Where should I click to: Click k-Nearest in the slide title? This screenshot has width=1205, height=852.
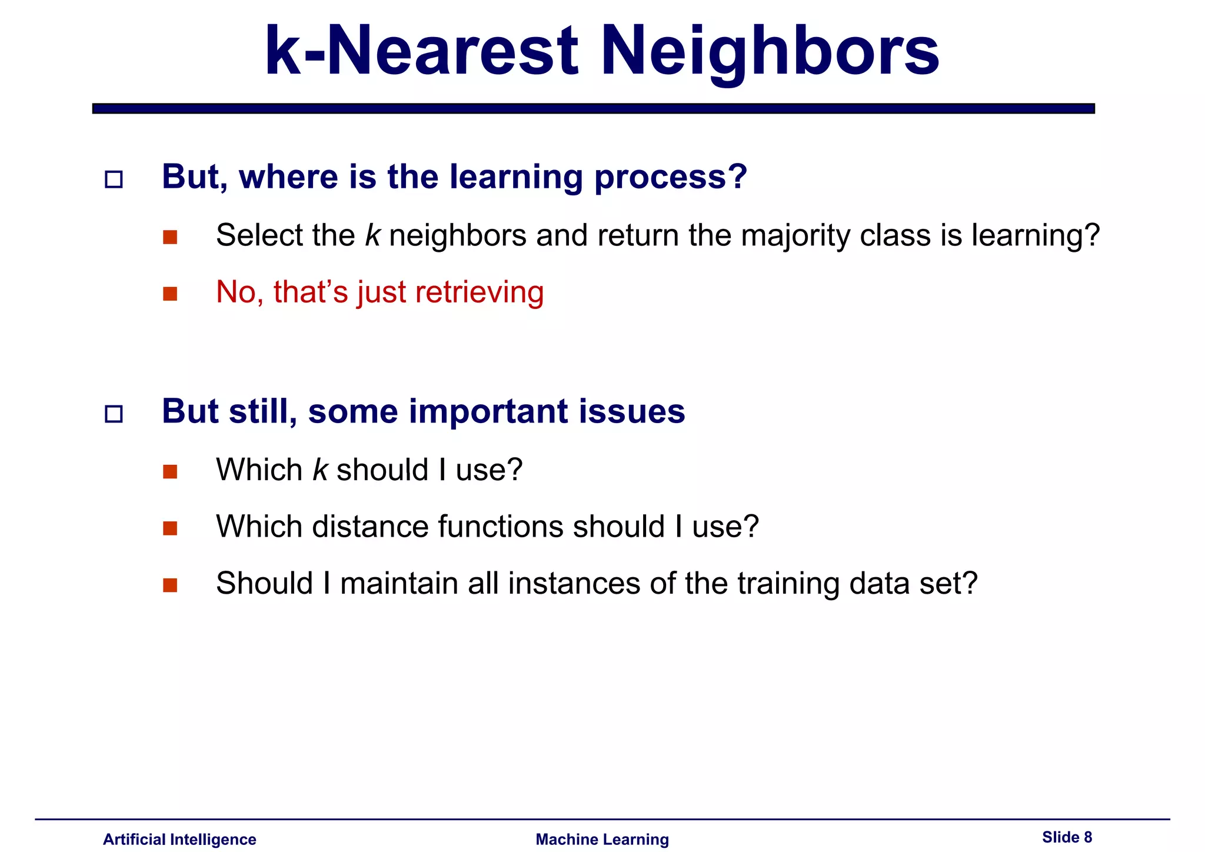pyautogui.click(x=421, y=52)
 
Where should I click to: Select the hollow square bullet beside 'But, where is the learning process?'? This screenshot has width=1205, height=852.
pyautogui.click(x=114, y=179)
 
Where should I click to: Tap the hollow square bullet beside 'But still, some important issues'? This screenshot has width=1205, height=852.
pyautogui.click(x=114, y=414)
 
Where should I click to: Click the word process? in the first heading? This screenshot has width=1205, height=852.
pyautogui.click(x=671, y=178)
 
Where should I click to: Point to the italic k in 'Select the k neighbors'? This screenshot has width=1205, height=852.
pyautogui.click(x=372, y=235)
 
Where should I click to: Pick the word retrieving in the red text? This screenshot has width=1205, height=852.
pyautogui.click(x=480, y=292)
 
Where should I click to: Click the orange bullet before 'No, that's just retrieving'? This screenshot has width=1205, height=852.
pyautogui.click(x=170, y=294)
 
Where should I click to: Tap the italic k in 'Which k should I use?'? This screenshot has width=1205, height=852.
pyautogui.click(x=320, y=470)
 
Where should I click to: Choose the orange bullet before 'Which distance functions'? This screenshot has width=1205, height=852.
pyautogui.click(x=170, y=528)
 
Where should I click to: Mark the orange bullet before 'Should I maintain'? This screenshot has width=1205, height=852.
pyautogui.click(x=170, y=585)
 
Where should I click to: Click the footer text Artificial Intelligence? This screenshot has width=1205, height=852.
pyautogui.click(x=179, y=839)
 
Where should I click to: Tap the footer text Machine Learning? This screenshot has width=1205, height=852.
pyautogui.click(x=602, y=839)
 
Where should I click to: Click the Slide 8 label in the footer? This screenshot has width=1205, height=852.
pyautogui.click(x=1067, y=837)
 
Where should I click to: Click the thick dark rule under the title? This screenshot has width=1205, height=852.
pyautogui.click(x=593, y=108)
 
